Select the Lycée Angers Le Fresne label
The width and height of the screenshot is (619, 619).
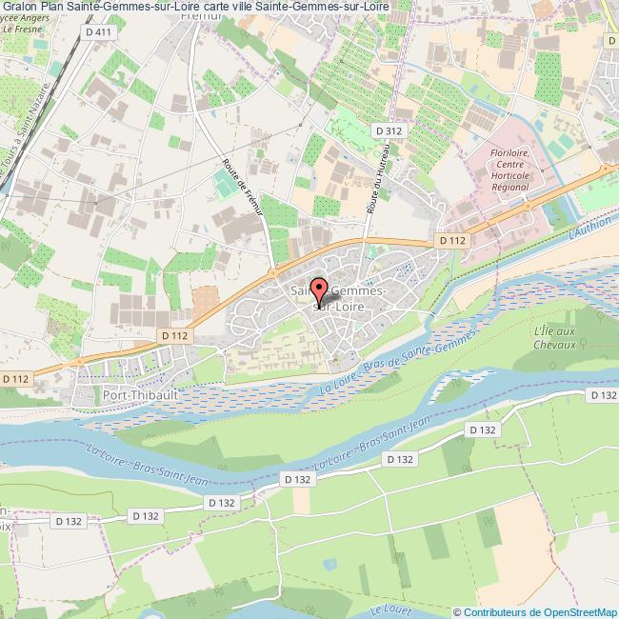31,21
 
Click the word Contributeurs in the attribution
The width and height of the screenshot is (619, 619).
496,611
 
